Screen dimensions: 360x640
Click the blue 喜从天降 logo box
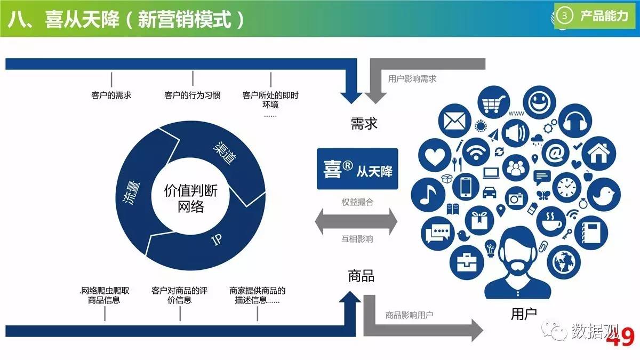click(x=357, y=169)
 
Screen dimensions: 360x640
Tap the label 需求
click(x=364, y=124)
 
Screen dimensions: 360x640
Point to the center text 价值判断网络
click(x=190, y=198)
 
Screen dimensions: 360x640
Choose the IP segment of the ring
click(x=217, y=239)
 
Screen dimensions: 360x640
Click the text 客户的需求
click(x=111, y=95)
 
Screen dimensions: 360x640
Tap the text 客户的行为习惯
click(x=193, y=95)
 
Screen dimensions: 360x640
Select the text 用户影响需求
click(x=412, y=78)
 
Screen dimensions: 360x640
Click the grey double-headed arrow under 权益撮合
click(x=356, y=221)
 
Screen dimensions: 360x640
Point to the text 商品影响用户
click(x=409, y=315)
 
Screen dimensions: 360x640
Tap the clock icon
click(x=569, y=187)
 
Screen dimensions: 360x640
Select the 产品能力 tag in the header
click(x=596, y=16)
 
